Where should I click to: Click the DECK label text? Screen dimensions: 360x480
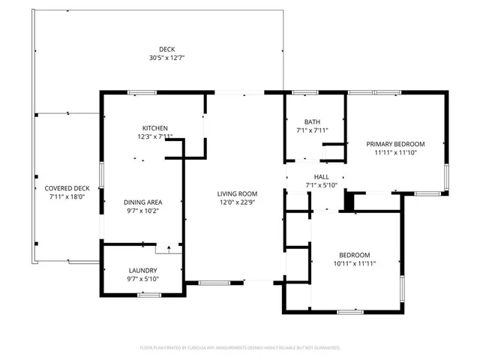[156, 49]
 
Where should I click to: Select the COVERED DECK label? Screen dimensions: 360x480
[67, 188]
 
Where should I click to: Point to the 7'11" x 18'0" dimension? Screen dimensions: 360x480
[67, 196]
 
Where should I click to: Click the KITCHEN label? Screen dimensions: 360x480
[155, 128]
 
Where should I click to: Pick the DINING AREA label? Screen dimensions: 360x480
[143, 202]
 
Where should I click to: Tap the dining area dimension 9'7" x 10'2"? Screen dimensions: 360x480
[143, 210]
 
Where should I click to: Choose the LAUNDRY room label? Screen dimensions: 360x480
[142, 270]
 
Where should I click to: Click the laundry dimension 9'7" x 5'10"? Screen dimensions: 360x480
[142, 279]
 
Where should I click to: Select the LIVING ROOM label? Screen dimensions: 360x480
[238, 193]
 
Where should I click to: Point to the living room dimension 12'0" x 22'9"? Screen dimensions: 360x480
[238, 202]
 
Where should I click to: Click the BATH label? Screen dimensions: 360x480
[312, 122]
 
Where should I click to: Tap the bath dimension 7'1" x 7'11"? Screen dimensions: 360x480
[312, 130]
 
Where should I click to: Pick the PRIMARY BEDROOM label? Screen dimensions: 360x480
[395, 144]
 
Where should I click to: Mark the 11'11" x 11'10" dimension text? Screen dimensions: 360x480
[395, 152]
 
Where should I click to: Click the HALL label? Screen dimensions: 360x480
[322, 177]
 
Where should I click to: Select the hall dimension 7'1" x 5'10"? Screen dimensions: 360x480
[322, 185]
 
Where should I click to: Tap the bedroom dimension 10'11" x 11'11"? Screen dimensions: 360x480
[353, 264]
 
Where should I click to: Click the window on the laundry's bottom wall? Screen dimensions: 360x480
[148, 295]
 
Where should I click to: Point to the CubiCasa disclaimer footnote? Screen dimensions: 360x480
[240, 347]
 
